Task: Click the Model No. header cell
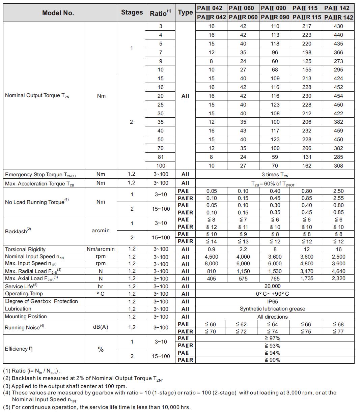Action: tap(58, 13)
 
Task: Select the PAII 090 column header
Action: tap(275, 8)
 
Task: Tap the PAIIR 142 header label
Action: tap(338, 17)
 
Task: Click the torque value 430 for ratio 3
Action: tap(338, 26)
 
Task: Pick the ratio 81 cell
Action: tap(160, 157)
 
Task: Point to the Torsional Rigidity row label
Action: tap(25, 249)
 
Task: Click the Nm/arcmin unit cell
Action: tap(101, 249)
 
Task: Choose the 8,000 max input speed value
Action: tap(211, 264)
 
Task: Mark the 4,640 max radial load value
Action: tap(338, 271)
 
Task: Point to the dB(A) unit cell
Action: tap(101, 327)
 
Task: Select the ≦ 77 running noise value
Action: tap(338, 331)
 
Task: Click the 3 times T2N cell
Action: tap(275, 175)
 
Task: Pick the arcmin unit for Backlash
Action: tap(101, 231)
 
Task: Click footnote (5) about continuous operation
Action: tap(97, 407)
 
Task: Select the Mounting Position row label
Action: tap(26, 317)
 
